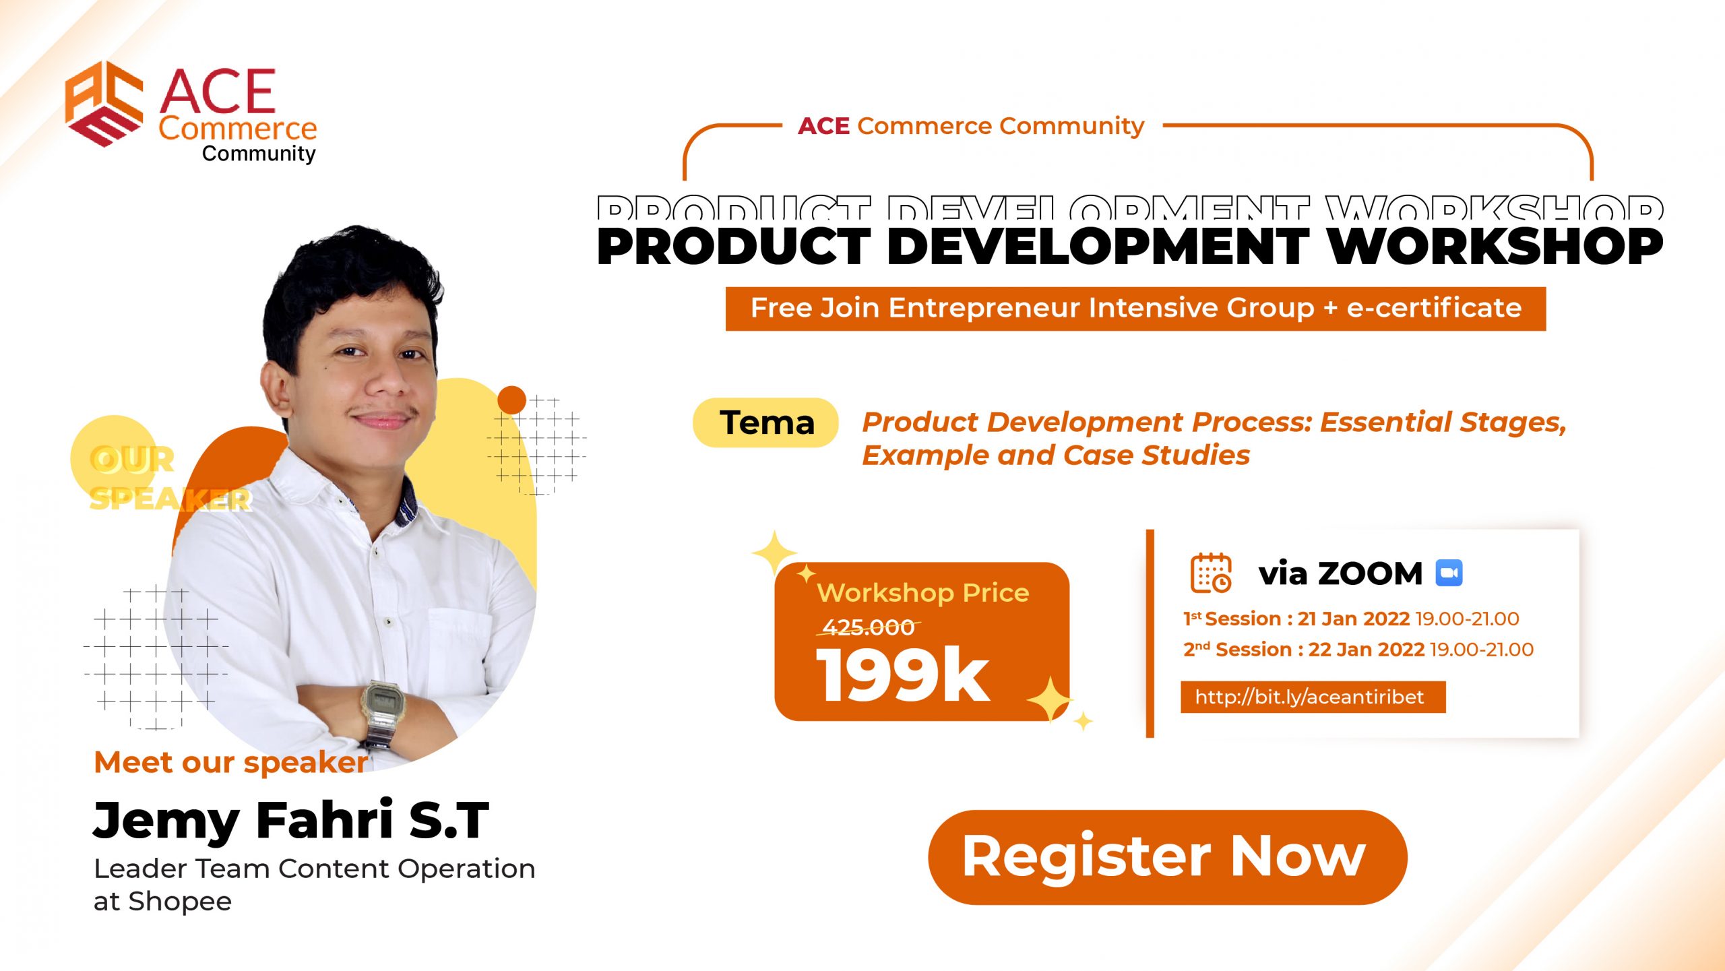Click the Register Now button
[x=1167, y=856]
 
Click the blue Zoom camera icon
[x=1449, y=573]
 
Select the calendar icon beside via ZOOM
[x=1211, y=573]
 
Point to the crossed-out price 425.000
[x=868, y=627]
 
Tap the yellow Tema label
[x=766, y=422]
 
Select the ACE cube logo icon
[x=104, y=103]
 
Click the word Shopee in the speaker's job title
[x=180, y=902]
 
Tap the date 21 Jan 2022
[x=1354, y=619]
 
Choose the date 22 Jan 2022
[x=1366, y=650]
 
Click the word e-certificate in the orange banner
[x=1434, y=308]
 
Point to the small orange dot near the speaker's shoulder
[x=511, y=400]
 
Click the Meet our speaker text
[x=231, y=763]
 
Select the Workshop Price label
[x=923, y=593]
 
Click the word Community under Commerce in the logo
[x=259, y=154]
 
